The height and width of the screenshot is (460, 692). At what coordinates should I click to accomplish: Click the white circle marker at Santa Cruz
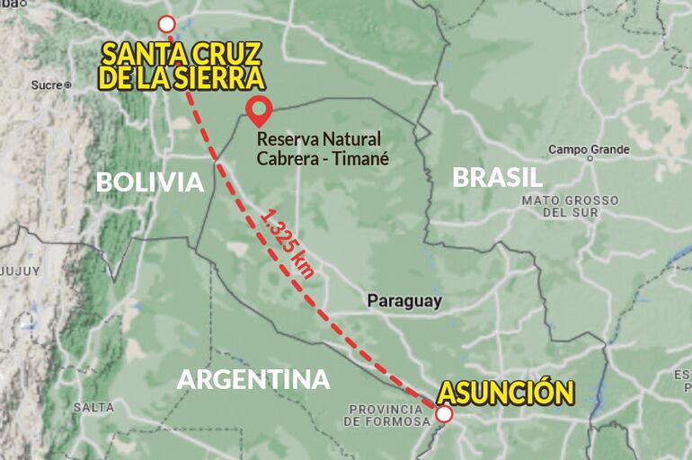[x=166, y=24]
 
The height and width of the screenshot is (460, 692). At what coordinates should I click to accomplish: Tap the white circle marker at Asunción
[x=444, y=414]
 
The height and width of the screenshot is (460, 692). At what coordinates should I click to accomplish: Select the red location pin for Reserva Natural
[x=260, y=110]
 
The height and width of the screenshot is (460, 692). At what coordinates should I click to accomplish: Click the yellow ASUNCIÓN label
[x=505, y=393]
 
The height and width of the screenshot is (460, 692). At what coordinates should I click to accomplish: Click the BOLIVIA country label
[x=150, y=182]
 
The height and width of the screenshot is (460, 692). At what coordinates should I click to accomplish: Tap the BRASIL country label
[x=497, y=177]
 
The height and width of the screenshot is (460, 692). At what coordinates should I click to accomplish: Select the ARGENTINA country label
[x=253, y=379]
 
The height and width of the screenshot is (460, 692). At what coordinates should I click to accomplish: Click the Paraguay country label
[x=404, y=301]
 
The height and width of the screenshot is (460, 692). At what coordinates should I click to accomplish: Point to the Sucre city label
[x=45, y=85]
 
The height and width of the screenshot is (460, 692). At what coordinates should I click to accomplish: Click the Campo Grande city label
[x=589, y=149]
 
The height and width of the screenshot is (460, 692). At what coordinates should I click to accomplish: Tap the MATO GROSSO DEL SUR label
[x=570, y=206]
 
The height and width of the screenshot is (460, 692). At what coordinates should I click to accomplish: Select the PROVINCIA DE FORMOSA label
[x=386, y=415]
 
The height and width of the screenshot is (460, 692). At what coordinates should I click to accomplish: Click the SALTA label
[x=93, y=407]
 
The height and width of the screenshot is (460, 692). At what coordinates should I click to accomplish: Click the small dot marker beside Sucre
[x=67, y=85]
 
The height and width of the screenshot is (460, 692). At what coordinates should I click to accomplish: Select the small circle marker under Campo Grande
[x=590, y=158]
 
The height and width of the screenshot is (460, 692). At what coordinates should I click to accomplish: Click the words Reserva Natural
[x=318, y=139]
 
